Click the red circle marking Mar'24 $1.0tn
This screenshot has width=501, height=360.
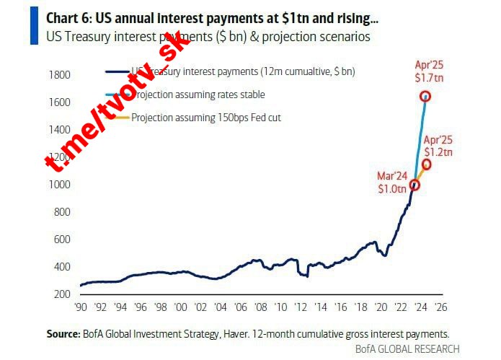tap(414, 185)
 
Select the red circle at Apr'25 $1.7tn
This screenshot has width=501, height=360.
tap(425, 97)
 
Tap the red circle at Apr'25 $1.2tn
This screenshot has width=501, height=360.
tap(426, 164)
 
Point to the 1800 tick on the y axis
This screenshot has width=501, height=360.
tap(61, 75)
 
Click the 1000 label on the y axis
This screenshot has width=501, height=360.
tap(61, 185)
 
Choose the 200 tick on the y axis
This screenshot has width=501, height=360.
tap(63, 294)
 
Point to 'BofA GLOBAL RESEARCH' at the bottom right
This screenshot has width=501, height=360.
tap(407, 349)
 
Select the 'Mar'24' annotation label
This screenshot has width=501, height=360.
tap(392, 176)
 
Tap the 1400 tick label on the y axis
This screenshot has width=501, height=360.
tap(61, 130)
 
